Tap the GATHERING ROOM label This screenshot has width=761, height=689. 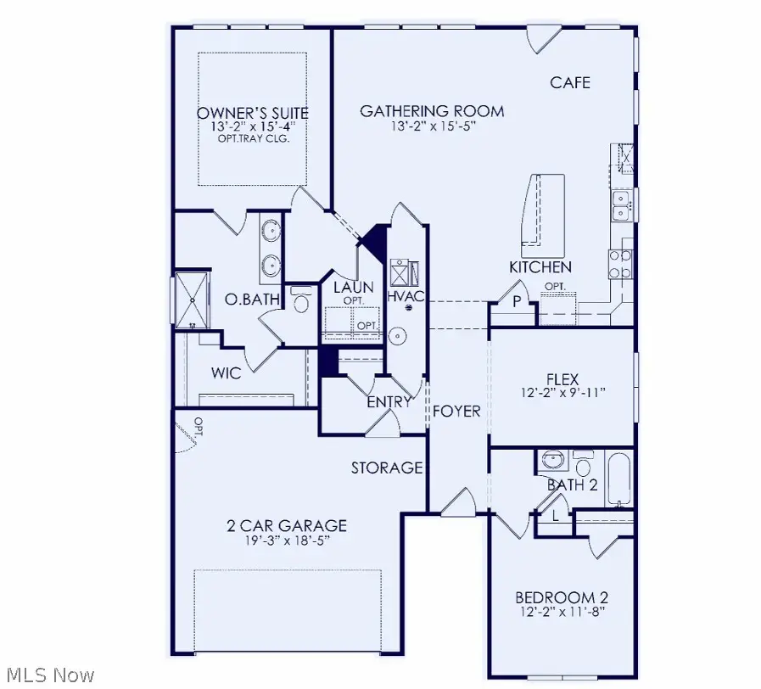pyautogui.click(x=432, y=111)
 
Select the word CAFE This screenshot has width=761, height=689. pyautogui.click(x=570, y=82)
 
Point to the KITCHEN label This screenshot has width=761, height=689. pyautogui.click(x=540, y=267)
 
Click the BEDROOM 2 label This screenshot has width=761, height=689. pyautogui.click(x=563, y=597)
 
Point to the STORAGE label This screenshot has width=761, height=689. pyautogui.click(x=388, y=468)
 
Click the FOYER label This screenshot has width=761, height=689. pyautogui.click(x=457, y=412)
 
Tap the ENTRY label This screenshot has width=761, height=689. pyautogui.click(x=389, y=402)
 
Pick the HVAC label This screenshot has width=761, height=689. pyautogui.click(x=406, y=296)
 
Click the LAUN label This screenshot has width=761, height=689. pyautogui.click(x=349, y=288)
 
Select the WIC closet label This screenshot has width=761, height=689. pyautogui.click(x=225, y=373)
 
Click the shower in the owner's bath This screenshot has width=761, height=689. pyautogui.click(x=191, y=299)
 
